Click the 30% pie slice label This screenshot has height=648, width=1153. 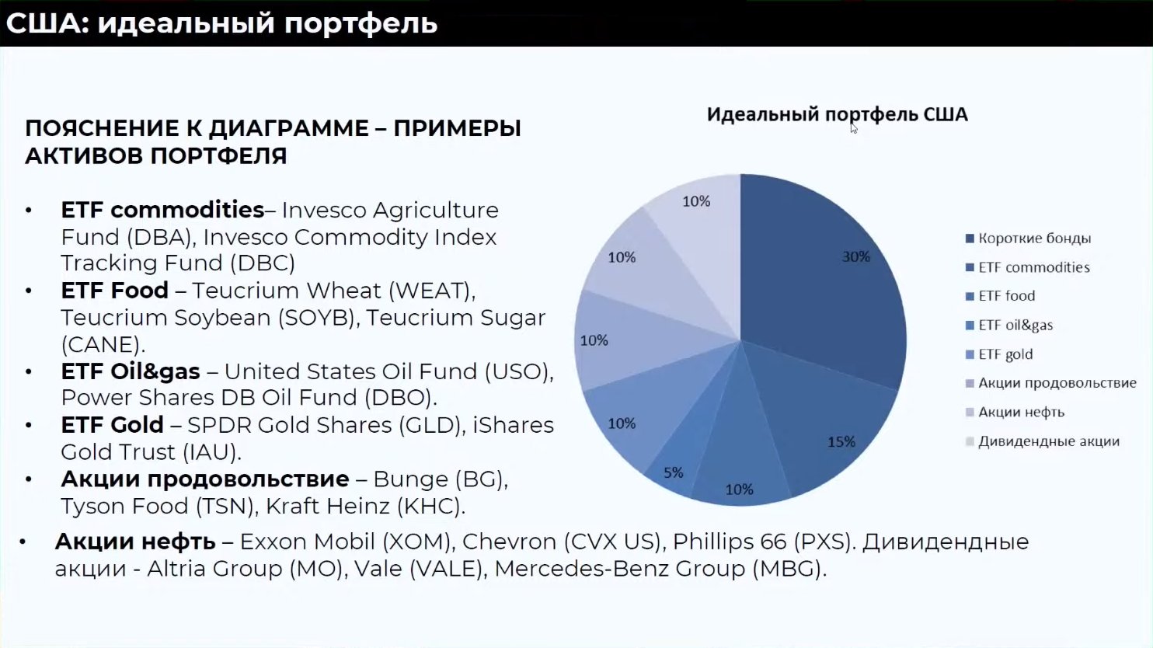tap(856, 256)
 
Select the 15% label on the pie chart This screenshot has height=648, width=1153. tap(841, 441)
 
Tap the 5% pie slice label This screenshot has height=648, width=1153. tap(674, 472)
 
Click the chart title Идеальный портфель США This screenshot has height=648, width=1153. tap(838, 114)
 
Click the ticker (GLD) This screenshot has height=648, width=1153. tap(437, 425)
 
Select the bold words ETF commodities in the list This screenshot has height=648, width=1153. tap(162, 210)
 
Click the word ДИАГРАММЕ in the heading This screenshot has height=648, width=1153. tap(289, 128)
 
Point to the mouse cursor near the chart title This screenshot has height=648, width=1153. tap(854, 128)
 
